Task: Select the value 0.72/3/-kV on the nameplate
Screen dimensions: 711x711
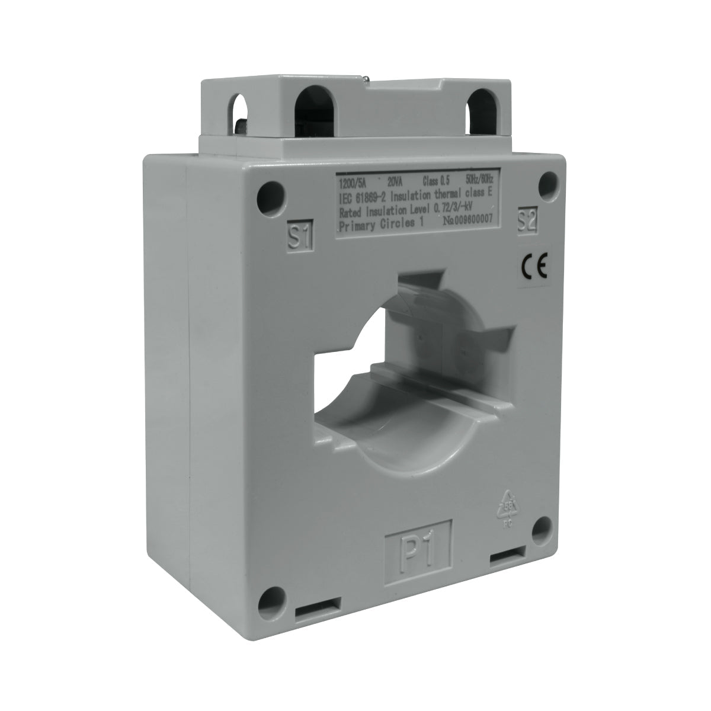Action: tap(456, 205)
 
